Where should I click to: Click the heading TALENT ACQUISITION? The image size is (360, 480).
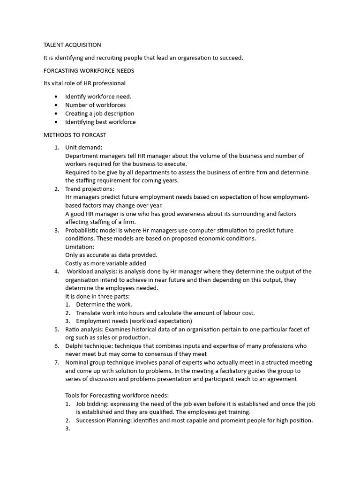(x=72, y=45)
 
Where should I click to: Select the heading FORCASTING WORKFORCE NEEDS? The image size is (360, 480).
(x=89, y=71)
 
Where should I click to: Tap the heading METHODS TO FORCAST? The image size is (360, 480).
(x=75, y=135)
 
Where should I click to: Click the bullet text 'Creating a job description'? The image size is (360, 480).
(x=99, y=113)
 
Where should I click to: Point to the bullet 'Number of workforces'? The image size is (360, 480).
(x=95, y=105)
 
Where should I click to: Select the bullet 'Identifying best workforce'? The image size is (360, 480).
(x=100, y=122)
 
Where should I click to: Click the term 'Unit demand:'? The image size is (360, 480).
(x=83, y=148)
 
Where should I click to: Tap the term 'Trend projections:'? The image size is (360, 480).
(x=90, y=189)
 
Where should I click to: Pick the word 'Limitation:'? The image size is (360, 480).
(x=80, y=247)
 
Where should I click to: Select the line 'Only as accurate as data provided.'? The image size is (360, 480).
(x=111, y=255)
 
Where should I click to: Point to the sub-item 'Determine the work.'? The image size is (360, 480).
(x=104, y=304)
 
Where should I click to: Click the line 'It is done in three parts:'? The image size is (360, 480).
(x=97, y=296)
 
